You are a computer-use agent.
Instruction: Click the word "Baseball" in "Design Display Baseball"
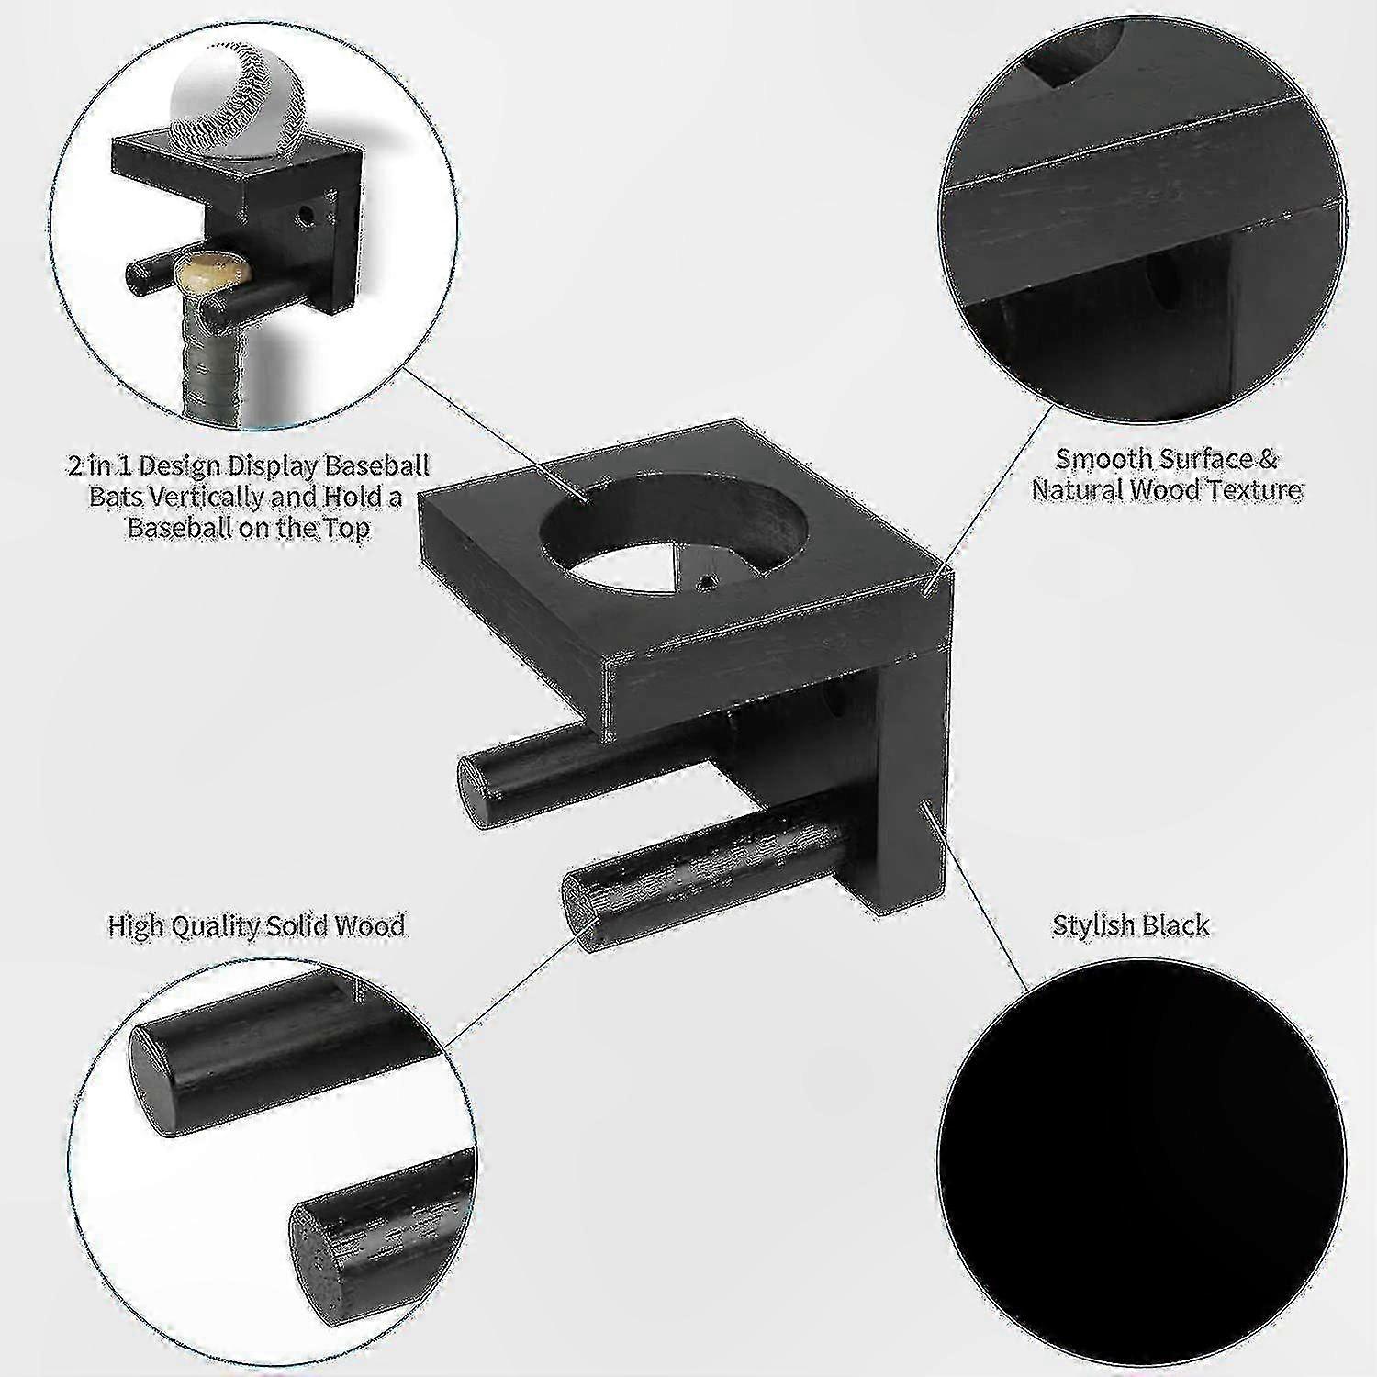click(377, 466)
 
